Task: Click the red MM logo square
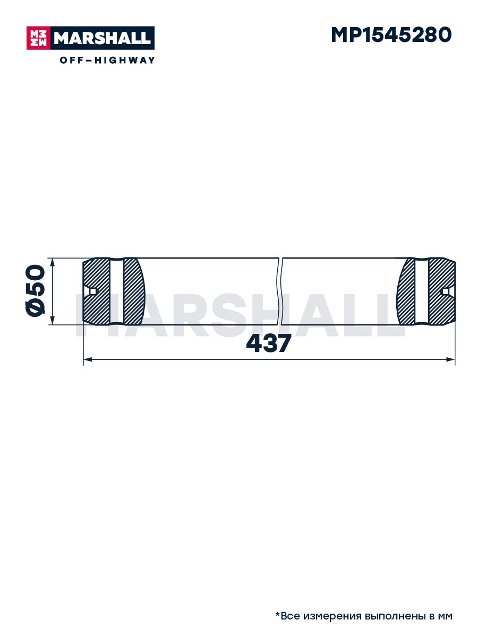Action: coord(38,38)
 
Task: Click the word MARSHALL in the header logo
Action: coord(103,38)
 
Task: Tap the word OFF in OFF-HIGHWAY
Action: coord(71,60)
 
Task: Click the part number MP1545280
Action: coord(391,35)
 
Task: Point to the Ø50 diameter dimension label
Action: coord(36,291)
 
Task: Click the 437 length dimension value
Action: coord(268,343)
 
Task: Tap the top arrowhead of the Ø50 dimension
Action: coord(53,263)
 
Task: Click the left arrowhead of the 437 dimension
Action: coord(88,359)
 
